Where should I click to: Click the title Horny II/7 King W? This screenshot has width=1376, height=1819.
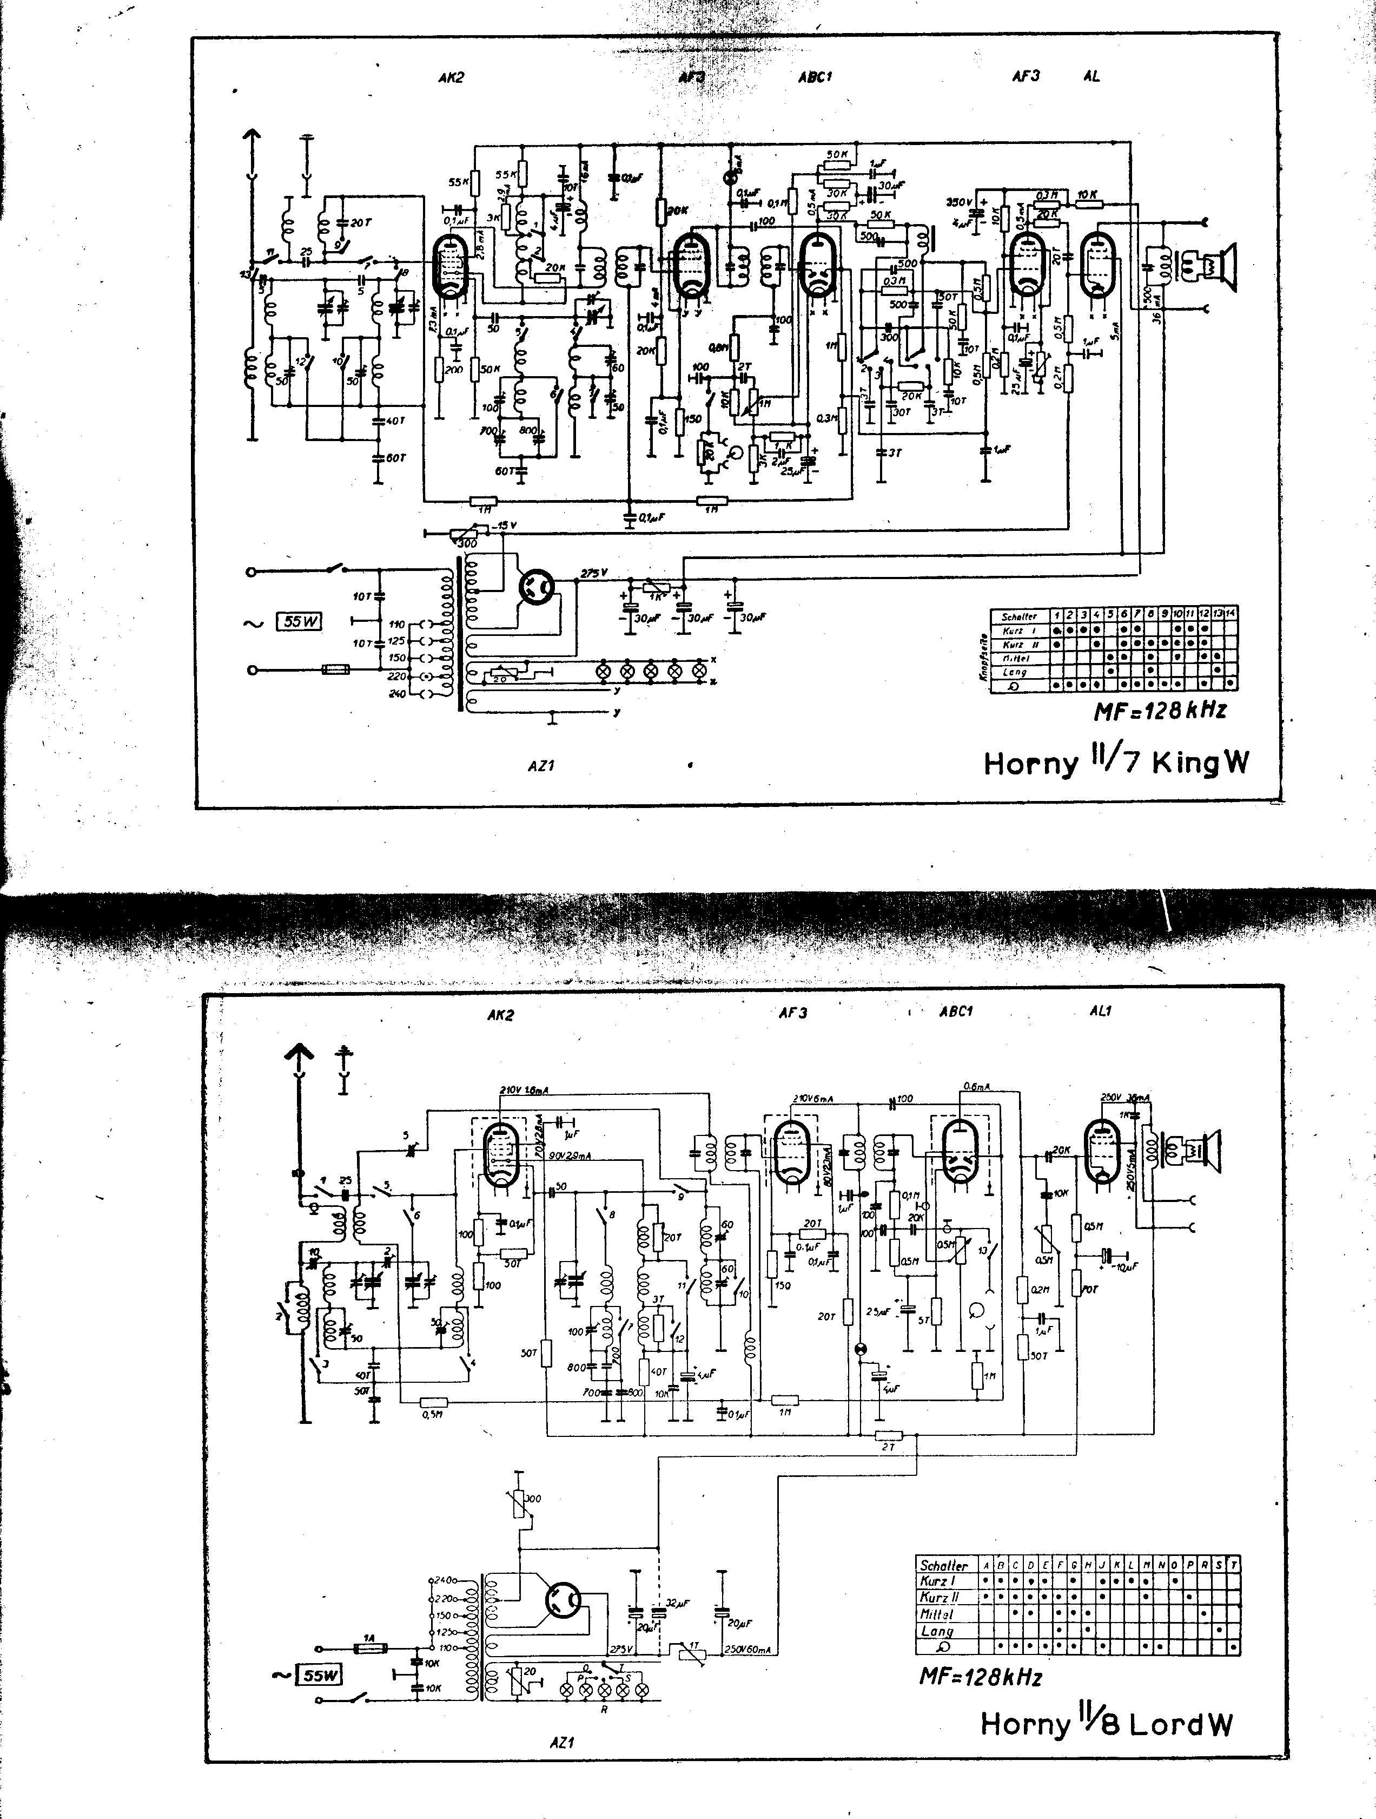pos(1115,763)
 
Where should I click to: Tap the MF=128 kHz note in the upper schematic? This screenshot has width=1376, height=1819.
pos(1159,711)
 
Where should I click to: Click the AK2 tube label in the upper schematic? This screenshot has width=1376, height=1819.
pos(451,77)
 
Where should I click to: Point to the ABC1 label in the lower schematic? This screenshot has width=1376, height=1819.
pos(956,1012)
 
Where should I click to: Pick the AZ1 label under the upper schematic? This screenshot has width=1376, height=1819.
pos(541,766)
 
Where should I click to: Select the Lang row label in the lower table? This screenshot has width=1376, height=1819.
pos(937,1631)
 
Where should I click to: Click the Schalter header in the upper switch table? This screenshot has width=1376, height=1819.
pos(1018,616)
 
